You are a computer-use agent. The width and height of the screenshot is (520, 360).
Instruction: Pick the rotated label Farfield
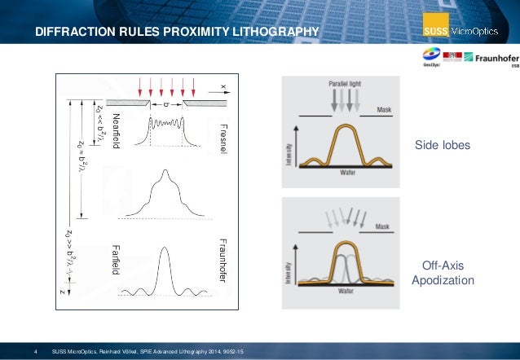click(115, 259)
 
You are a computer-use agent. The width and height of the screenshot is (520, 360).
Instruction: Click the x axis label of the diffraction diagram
click(222, 84)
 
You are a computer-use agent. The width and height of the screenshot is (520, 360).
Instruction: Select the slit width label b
click(166, 103)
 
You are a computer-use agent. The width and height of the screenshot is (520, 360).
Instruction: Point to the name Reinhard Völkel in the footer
click(136, 350)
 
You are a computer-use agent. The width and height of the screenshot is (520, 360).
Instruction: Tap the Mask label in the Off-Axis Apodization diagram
click(383, 227)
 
